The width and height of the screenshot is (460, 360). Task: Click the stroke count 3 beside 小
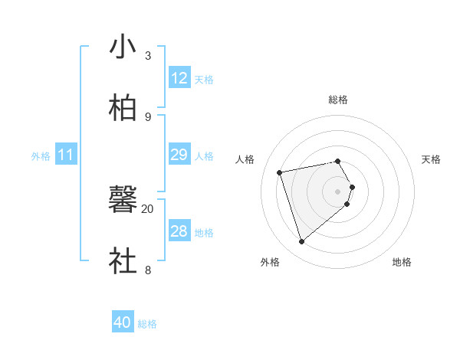(x=148, y=56)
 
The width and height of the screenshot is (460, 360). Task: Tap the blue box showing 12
(x=179, y=79)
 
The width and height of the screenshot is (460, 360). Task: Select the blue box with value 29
(x=179, y=155)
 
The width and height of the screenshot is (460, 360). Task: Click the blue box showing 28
(x=179, y=231)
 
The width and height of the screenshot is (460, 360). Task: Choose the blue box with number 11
(x=65, y=155)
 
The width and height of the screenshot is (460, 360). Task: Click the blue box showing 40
(x=123, y=322)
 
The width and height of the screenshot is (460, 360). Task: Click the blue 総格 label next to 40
(x=147, y=324)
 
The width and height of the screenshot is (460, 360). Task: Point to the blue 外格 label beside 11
(x=41, y=156)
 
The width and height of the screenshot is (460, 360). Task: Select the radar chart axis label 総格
(x=338, y=100)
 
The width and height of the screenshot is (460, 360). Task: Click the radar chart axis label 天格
(x=431, y=159)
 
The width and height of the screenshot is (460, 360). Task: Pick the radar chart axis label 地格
(x=402, y=262)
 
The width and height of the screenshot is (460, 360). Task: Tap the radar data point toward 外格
(x=301, y=242)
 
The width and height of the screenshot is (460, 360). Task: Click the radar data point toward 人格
(x=280, y=172)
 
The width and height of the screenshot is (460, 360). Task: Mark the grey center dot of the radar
(x=338, y=190)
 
